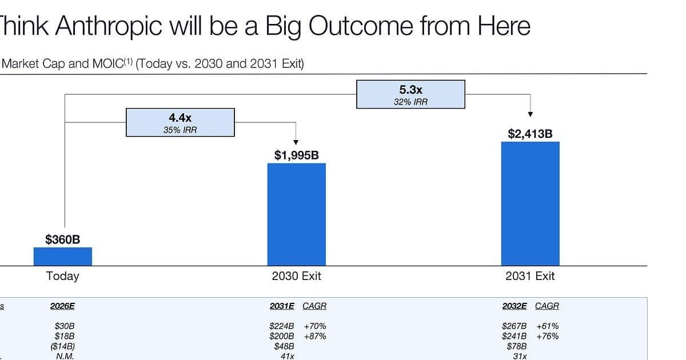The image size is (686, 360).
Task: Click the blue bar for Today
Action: [62, 256]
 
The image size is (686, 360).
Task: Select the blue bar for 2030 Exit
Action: [296, 214]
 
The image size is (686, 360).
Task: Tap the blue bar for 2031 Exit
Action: [530, 203]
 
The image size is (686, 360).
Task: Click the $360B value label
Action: [62, 239]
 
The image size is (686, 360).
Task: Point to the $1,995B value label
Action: [296, 155]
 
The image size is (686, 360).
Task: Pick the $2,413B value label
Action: [530, 134]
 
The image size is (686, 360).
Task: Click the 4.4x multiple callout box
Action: [180, 122]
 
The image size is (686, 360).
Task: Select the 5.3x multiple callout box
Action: [410, 94]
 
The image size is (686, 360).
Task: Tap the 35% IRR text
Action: [180, 130]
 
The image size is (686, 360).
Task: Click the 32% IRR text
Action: [410, 102]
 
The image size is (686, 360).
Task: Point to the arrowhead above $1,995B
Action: [296, 142]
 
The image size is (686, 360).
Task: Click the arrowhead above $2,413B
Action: [530, 115]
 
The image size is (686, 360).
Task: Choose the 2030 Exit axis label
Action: [296, 276]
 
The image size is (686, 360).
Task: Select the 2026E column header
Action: [62, 306]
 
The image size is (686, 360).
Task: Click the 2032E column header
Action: [514, 306]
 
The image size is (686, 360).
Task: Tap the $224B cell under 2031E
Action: [282, 326]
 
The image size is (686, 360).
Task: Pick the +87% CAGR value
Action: [315, 336]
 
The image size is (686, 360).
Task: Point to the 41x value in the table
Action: [286, 355]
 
